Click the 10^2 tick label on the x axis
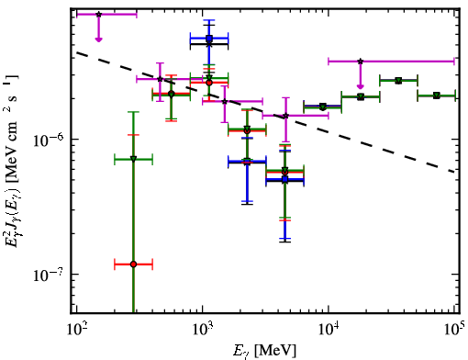pyautogui.click(x=76, y=329)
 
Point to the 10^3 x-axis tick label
pyautogui.click(x=202, y=329)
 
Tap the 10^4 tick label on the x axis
pyautogui.click(x=329, y=329)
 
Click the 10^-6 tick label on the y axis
pyautogui.click(x=49, y=141)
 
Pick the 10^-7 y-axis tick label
pyautogui.click(x=49, y=275)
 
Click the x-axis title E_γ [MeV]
pyautogui.click(x=264, y=351)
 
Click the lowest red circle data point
pyautogui.click(x=133, y=264)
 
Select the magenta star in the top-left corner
pyautogui.click(x=98, y=15)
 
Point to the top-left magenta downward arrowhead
pyautogui.click(x=98, y=39)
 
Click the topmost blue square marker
pyautogui.click(x=209, y=39)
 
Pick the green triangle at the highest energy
pyautogui.click(x=437, y=96)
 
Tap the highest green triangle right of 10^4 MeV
pyautogui.click(x=398, y=81)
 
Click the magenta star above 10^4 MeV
pyautogui.click(x=361, y=62)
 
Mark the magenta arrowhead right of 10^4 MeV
pyautogui.click(x=361, y=86)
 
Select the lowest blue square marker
pyautogui.click(x=284, y=179)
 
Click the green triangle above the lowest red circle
pyautogui.click(x=133, y=159)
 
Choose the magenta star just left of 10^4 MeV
pyautogui.click(x=285, y=116)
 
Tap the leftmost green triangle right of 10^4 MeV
pyautogui.click(x=322, y=107)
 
